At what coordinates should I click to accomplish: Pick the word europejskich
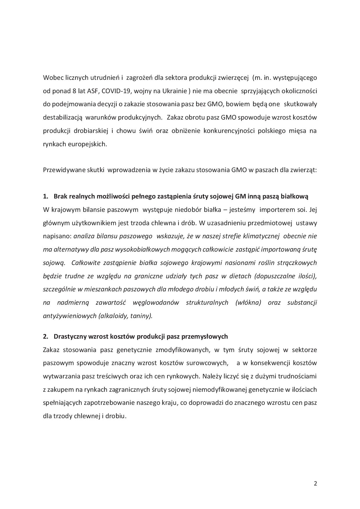click(x=90, y=144)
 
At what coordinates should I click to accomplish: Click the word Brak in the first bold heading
click(x=60, y=196)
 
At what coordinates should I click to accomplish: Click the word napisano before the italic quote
click(x=57, y=236)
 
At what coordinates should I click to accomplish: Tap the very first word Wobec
click(x=51, y=78)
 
